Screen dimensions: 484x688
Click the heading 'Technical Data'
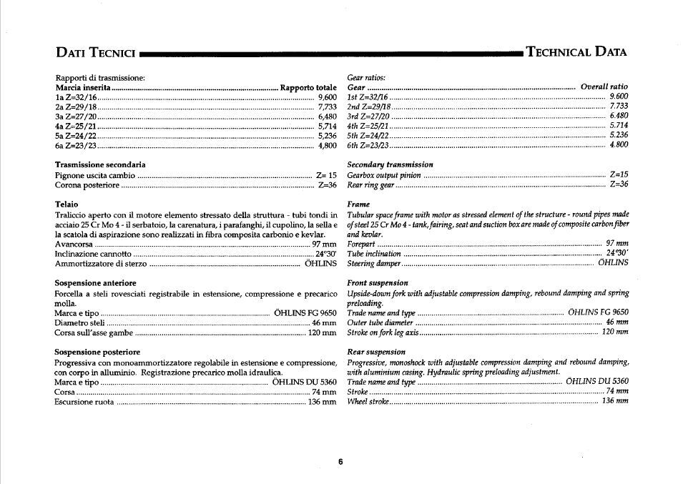click(x=576, y=51)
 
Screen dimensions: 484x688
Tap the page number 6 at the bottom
click(x=341, y=462)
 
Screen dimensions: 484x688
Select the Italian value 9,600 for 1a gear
click(x=327, y=97)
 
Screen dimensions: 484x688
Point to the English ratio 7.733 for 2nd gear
click(x=619, y=107)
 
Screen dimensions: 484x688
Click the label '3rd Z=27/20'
click(x=368, y=117)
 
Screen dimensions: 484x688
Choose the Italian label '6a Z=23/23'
click(x=76, y=146)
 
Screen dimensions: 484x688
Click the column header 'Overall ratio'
click(x=604, y=87)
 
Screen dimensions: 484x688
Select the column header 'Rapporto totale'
click(x=308, y=87)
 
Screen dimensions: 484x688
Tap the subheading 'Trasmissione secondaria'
click(x=100, y=165)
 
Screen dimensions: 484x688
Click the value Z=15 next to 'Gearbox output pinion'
click(x=619, y=174)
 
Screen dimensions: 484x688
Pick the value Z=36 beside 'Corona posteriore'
click(x=327, y=185)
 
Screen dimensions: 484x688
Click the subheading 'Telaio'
click(x=67, y=204)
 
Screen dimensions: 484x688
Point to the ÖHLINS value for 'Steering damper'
click(x=613, y=263)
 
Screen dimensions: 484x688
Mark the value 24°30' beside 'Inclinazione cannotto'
click(x=325, y=254)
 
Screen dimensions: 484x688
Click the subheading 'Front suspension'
click(x=378, y=283)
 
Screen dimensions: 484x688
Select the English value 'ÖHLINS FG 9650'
click(x=598, y=312)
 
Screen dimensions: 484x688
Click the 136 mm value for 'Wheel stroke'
click(x=614, y=402)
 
